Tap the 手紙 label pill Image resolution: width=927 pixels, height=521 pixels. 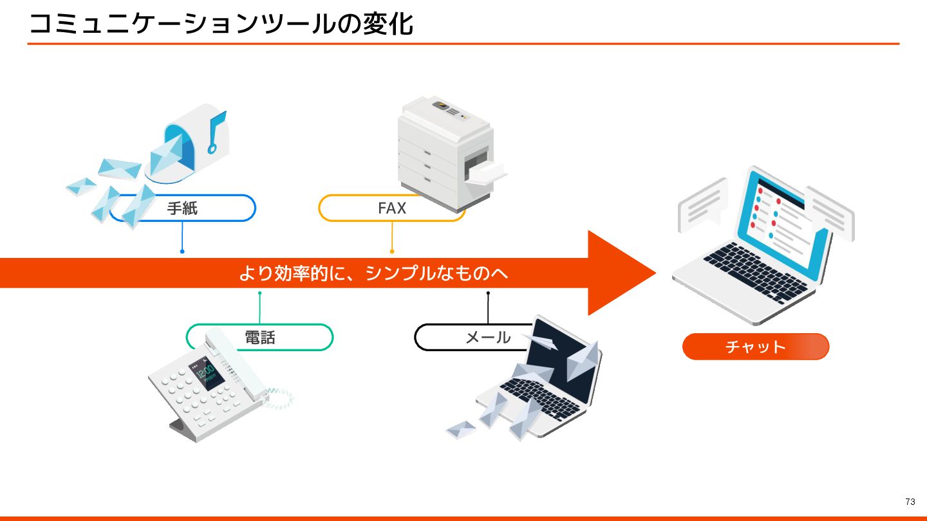(183, 208)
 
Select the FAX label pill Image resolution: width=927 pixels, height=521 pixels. (391, 208)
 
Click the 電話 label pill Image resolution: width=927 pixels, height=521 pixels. (260, 337)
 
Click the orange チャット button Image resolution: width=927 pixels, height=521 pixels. (755, 347)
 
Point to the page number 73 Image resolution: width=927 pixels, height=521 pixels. (910, 502)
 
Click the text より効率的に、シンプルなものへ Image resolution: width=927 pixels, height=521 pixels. (373, 273)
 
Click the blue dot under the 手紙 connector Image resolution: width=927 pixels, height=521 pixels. (182, 251)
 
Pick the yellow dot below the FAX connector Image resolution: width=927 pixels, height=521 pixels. (391, 251)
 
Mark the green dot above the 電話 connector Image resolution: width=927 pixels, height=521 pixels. (259, 293)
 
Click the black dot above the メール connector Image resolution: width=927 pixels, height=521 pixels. (488, 293)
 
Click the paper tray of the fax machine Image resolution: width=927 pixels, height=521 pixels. (486, 172)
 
